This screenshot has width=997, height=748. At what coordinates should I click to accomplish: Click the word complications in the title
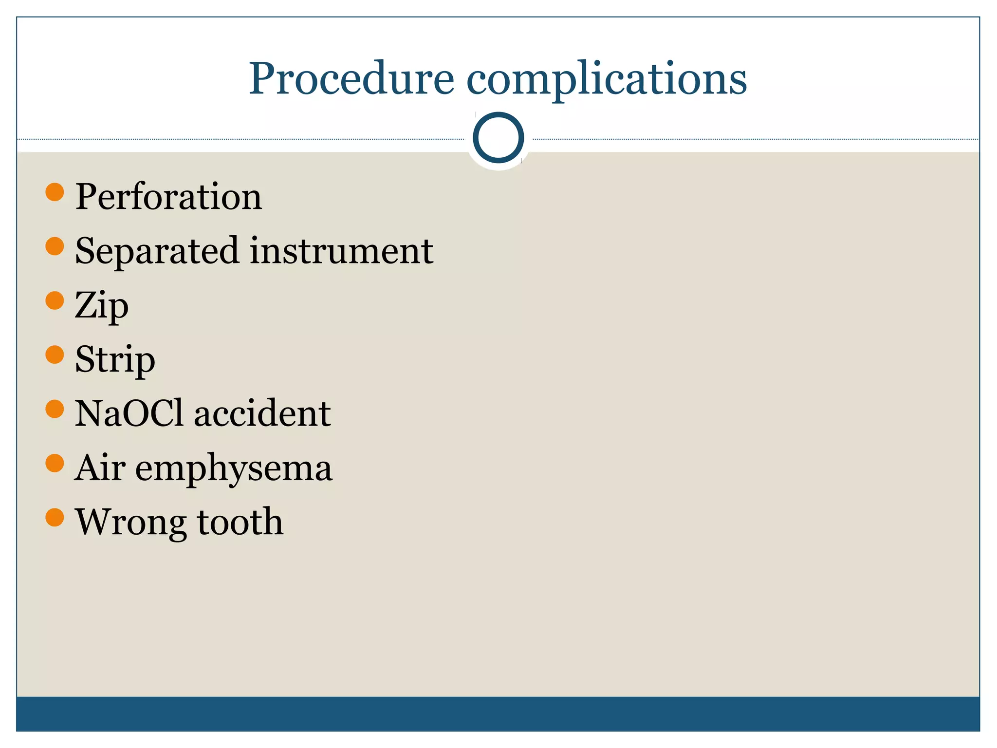(607, 79)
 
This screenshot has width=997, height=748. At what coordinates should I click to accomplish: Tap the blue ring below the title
(498, 138)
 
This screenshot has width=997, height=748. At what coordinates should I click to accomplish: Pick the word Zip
(101, 306)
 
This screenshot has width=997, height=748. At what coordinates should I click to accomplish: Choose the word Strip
(115, 360)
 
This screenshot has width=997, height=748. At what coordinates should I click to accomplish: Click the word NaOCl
(129, 413)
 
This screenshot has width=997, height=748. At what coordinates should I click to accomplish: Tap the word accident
(262, 413)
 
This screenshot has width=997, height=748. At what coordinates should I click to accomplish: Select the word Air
(100, 467)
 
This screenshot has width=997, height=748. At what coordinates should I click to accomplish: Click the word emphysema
(234, 469)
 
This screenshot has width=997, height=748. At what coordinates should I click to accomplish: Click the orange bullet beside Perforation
(55, 192)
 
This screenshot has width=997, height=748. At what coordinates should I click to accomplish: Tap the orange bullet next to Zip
(55, 300)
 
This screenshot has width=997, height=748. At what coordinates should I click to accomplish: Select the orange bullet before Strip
(55, 355)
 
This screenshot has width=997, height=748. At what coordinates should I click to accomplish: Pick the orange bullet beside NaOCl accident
(55, 409)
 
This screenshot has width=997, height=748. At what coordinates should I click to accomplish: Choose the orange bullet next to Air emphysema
(55, 463)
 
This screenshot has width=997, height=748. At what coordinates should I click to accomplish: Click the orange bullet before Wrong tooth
(55, 517)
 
